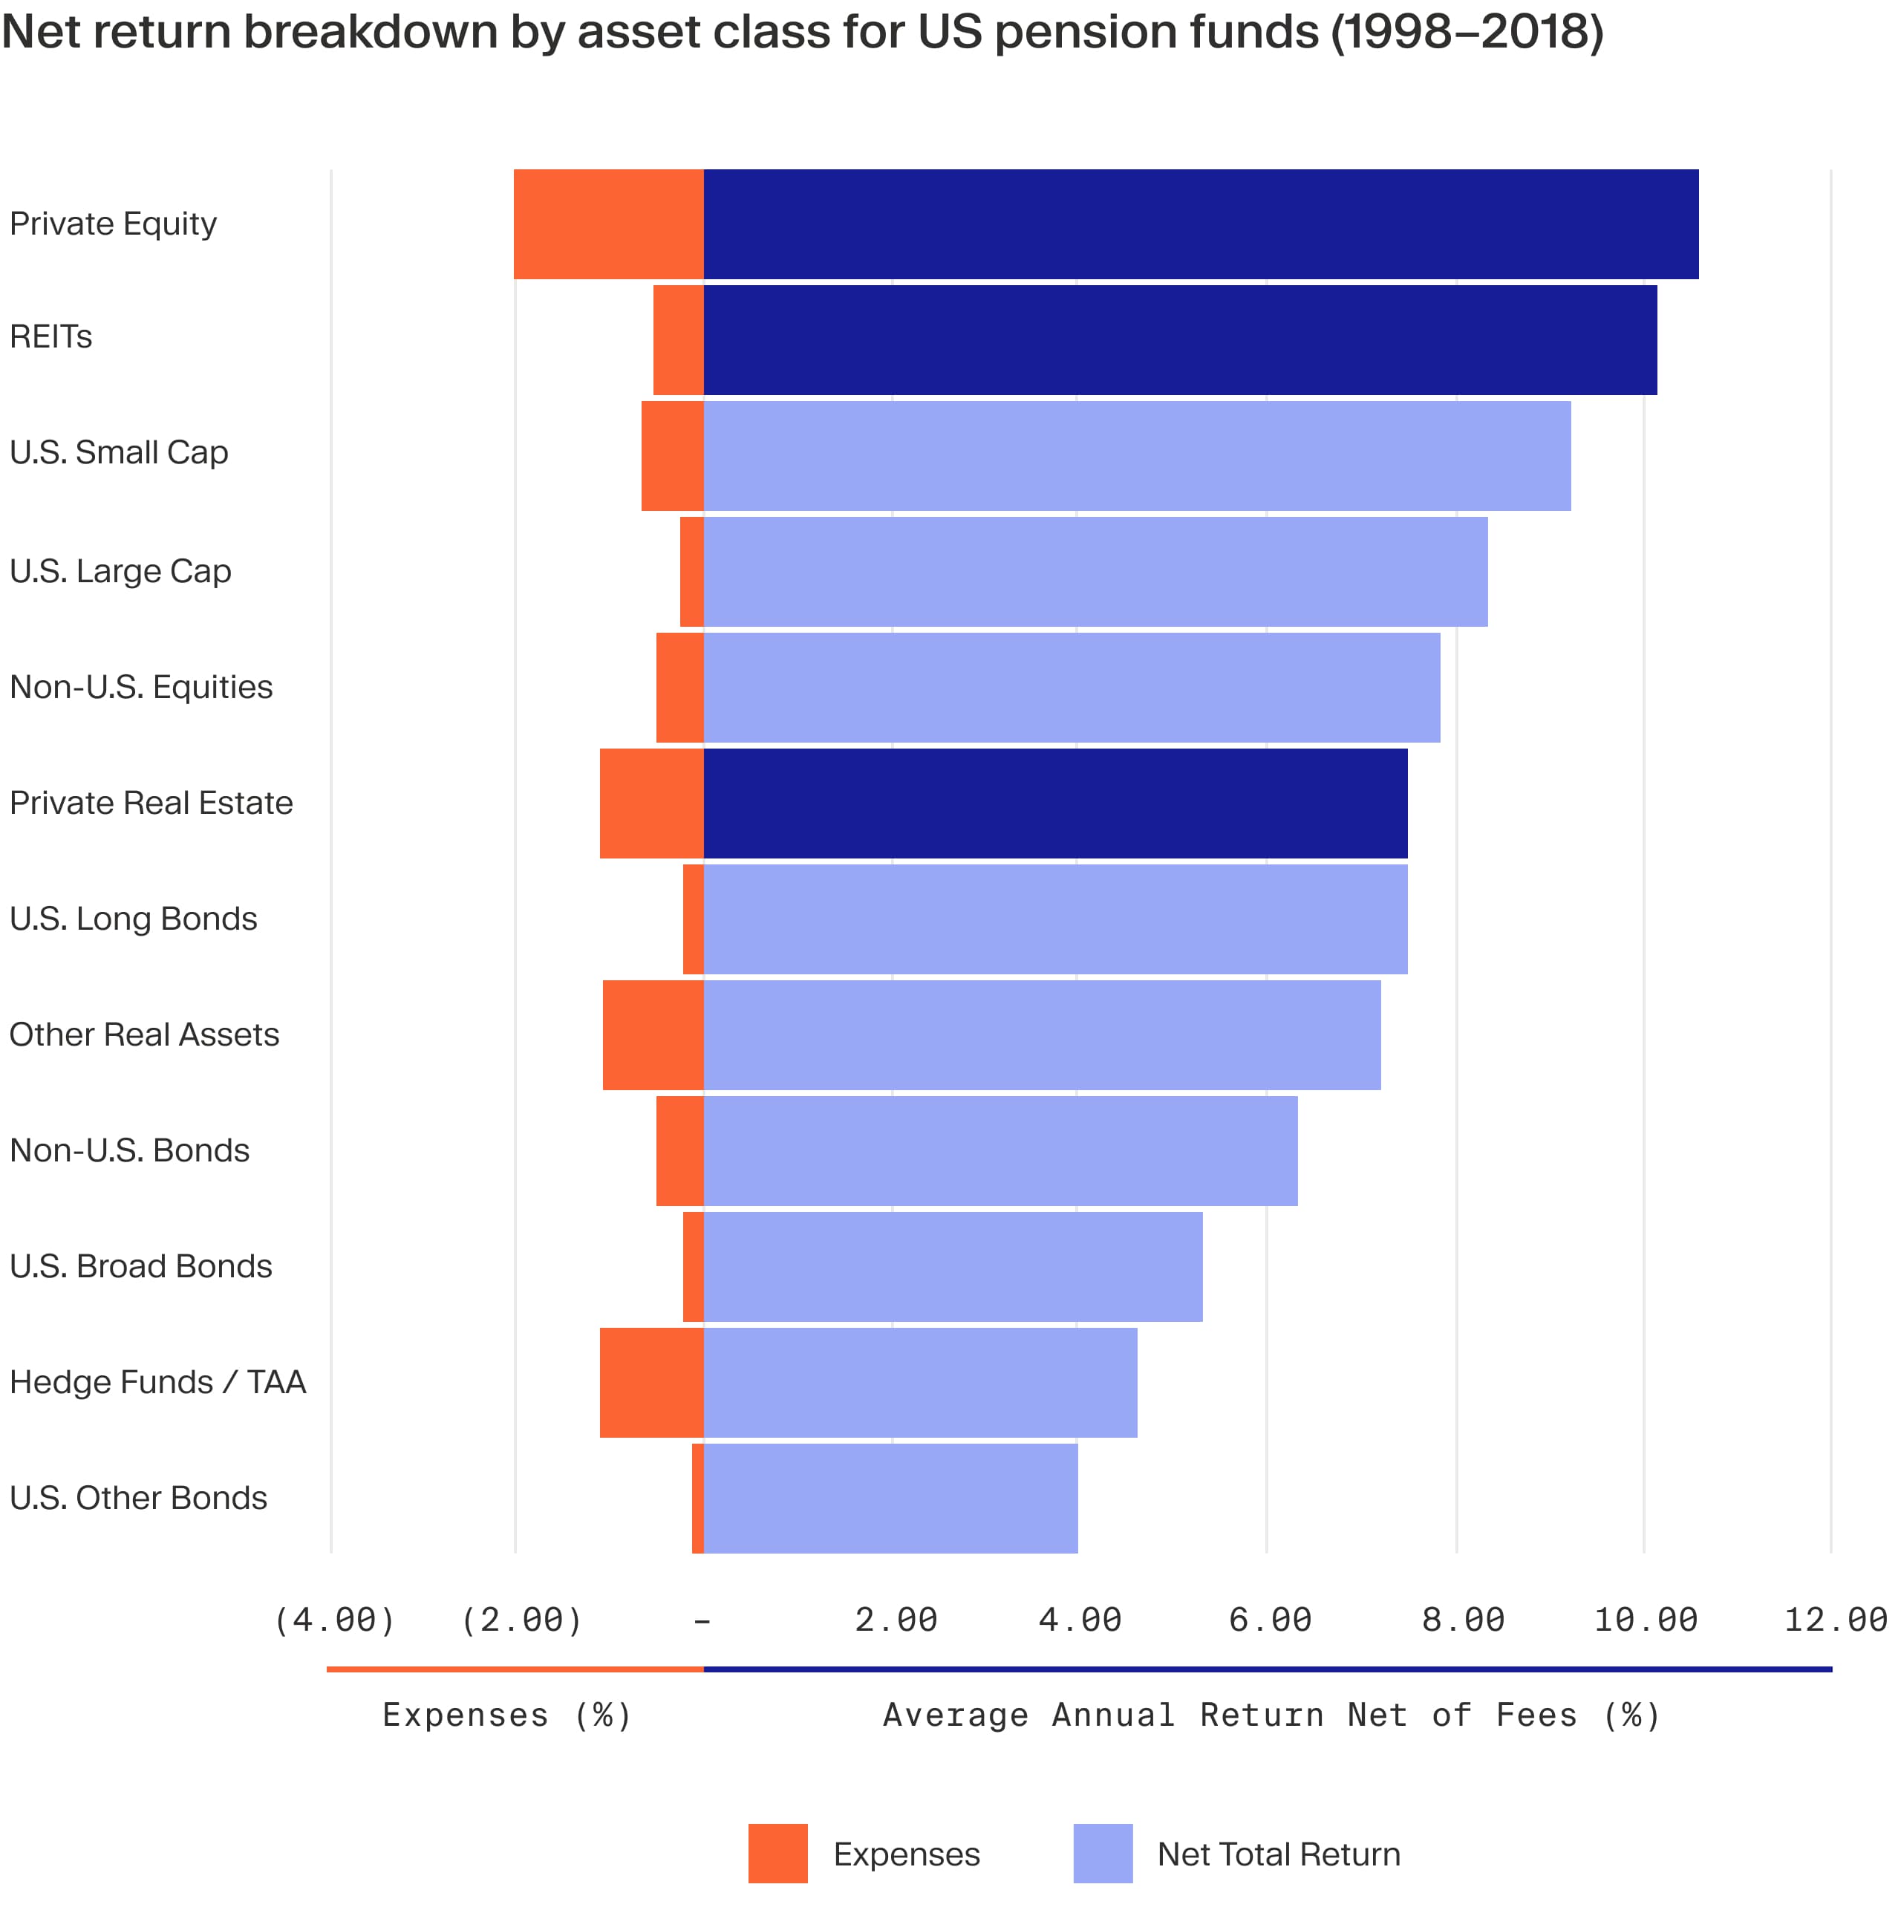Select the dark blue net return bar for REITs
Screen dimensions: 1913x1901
(1179, 339)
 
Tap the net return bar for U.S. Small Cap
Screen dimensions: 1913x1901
(1137, 455)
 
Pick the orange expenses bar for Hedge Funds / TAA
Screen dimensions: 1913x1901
(650, 1382)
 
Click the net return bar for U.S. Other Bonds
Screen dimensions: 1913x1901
(890, 1498)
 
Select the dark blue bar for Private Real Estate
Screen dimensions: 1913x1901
(1054, 803)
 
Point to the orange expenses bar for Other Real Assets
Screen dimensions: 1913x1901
(653, 1034)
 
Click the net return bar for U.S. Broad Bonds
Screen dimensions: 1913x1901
(953, 1266)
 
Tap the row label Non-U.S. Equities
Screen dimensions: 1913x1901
(140, 687)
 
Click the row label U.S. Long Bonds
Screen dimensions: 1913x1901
(133, 919)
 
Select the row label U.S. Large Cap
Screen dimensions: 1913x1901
(120, 571)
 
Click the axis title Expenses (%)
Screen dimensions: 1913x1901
(507, 1715)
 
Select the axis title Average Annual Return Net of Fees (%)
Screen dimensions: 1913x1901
(1271, 1715)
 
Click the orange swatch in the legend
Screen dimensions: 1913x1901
(777, 1854)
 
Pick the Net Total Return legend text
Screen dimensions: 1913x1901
(1278, 1854)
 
